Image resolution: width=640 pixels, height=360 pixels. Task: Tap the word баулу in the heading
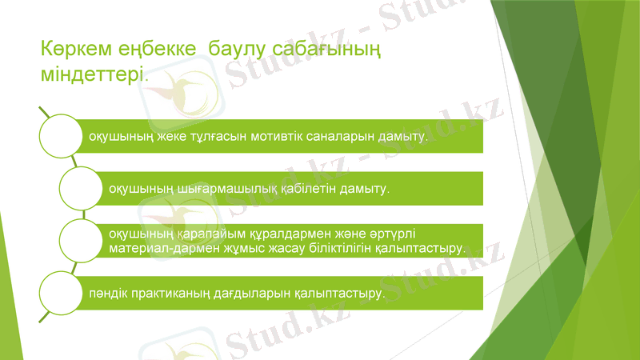tap(236, 50)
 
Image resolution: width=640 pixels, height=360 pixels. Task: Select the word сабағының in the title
tap(324, 50)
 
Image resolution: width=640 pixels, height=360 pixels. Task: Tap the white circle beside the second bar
tap(82, 188)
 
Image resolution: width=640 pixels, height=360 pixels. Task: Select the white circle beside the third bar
tap(82, 240)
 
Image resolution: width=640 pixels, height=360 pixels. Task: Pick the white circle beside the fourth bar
tap(61, 293)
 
